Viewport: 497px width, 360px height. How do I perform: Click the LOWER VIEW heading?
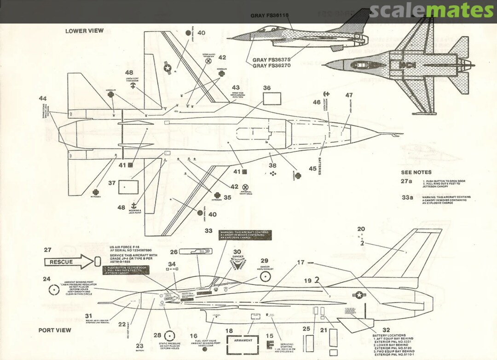pos(84,31)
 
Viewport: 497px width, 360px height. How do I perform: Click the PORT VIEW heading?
pos(55,330)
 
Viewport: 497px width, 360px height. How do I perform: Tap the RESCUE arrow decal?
pos(69,262)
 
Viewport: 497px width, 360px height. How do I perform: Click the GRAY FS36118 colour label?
pos(270,16)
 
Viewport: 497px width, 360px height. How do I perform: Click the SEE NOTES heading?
pos(416,172)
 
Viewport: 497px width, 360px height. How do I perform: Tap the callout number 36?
pos(267,88)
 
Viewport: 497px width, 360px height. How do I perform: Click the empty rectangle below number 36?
pos(272,101)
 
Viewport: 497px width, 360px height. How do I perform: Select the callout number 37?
pos(112,183)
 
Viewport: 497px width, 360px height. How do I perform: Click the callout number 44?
pos(43,98)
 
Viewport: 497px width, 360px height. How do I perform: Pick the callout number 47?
pos(349,95)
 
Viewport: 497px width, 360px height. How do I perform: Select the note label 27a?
pos(407,181)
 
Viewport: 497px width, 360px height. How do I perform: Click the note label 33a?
pos(407,197)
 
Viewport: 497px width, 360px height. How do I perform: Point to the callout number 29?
pos(264,261)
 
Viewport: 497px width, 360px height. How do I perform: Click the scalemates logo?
pos(432,10)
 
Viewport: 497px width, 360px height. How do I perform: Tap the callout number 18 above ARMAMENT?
pos(229,331)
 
